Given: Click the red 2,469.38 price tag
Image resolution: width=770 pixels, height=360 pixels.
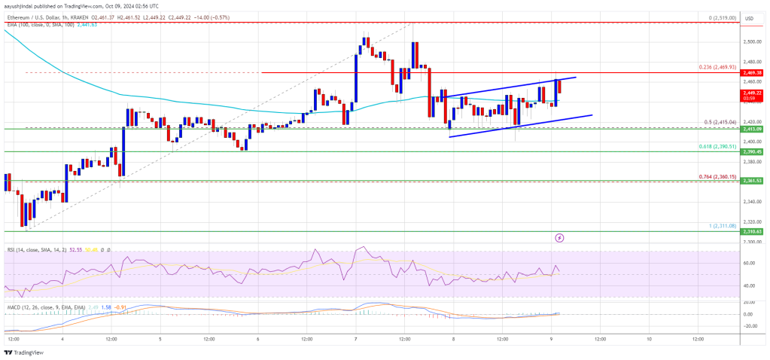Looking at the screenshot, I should click(753, 72).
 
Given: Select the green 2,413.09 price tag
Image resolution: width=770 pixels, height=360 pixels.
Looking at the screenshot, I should click(753, 129).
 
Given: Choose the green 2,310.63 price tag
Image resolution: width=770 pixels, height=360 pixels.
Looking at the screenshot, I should click(753, 231).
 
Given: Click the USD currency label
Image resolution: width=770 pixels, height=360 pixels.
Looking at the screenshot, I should click(749, 18).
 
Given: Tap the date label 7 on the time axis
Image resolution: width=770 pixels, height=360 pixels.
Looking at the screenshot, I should click(355, 340).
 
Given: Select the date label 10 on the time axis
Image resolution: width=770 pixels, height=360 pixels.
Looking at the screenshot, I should click(649, 340).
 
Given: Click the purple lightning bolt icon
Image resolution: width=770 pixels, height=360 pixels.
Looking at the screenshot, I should click(559, 238).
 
